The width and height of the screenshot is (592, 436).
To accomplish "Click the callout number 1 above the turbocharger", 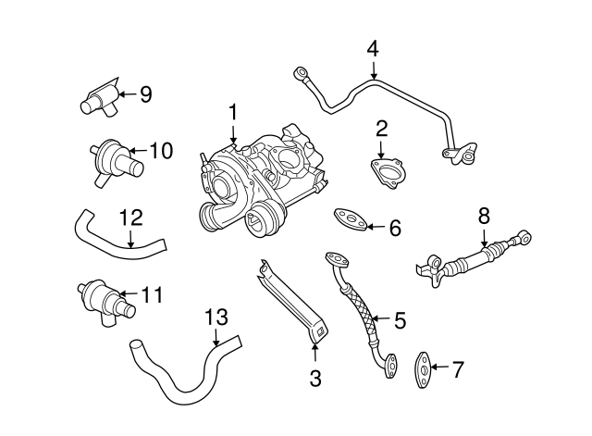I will (x=232, y=112).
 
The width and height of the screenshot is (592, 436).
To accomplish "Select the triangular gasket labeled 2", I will (x=388, y=174).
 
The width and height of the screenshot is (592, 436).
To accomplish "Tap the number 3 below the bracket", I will (x=315, y=378).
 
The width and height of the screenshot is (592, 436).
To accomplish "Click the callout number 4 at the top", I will (x=373, y=47).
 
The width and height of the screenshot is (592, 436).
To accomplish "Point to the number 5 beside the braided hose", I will (x=400, y=320).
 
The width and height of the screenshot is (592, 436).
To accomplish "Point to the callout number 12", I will (x=130, y=218).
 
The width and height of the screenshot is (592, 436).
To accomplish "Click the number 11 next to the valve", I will (x=152, y=295).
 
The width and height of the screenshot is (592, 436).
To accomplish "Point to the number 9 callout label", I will (x=145, y=93).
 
